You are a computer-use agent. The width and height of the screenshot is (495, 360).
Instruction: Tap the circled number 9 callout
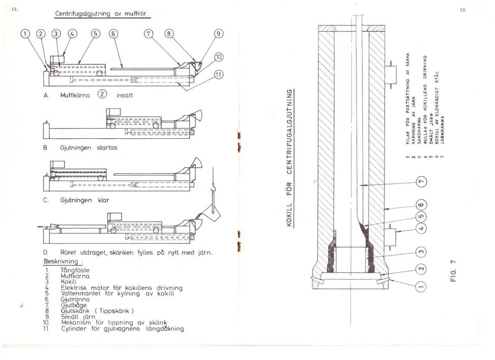tap(218, 34)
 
